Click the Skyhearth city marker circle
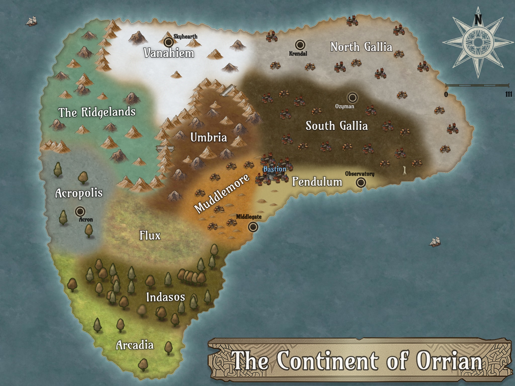tap(168, 42)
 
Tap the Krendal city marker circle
tap(300, 45)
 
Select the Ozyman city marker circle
tap(352, 97)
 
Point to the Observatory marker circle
tap(361, 182)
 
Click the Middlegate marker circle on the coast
tap(253, 227)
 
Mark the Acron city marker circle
tap(80, 211)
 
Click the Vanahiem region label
tap(169, 53)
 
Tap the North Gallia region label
tap(361, 47)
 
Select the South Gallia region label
tap(337, 126)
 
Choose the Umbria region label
tap(208, 137)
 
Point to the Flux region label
tap(150, 236)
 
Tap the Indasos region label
tap(165, 297)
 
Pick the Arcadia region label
tap(135, 345)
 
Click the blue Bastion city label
tap(275, 169)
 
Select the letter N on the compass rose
tap(478, 20)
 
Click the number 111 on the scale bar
tap(508, 94)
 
